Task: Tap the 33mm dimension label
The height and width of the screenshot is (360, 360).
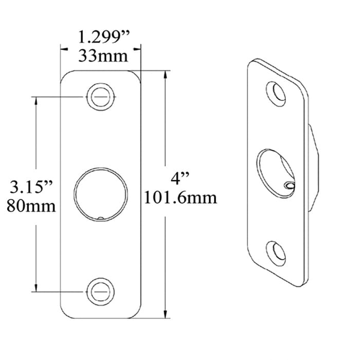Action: (x=103, y=56)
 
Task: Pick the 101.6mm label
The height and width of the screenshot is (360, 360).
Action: (x=181, y=197)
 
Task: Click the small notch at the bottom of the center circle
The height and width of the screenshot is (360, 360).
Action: (x=101, y=218)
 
